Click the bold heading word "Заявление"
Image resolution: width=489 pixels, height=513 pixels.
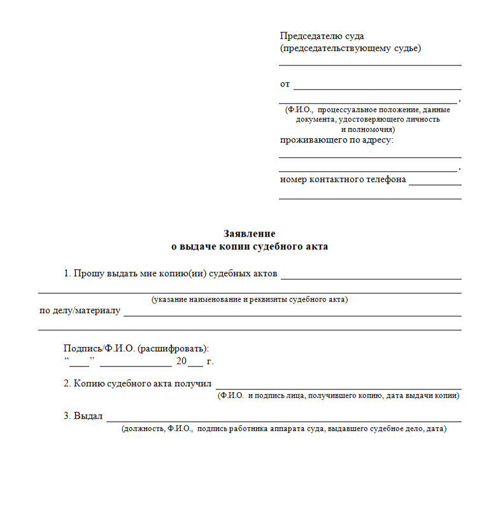(250, 234)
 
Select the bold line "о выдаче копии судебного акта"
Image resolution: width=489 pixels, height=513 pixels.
(250, 246)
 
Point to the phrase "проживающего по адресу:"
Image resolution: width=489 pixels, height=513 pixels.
(337, 139)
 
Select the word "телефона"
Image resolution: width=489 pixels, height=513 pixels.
(385, 179)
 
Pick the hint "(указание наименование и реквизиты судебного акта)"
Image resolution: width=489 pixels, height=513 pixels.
(250, 299)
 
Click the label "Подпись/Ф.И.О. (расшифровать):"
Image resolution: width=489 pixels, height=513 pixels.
(136, 348)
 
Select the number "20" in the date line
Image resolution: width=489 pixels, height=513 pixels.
(181, 361)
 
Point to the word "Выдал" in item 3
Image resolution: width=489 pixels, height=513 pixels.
(88, 416)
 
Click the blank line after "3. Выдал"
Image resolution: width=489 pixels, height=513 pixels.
(283, 420)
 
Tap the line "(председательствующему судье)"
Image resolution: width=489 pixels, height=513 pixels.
(350, 48)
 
